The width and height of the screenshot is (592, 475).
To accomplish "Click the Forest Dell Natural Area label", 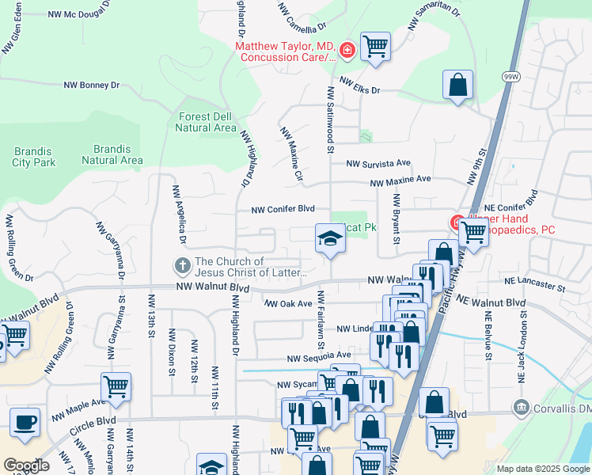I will (x=205, y=122).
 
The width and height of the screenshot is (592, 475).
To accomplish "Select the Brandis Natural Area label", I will (x=112, y=154).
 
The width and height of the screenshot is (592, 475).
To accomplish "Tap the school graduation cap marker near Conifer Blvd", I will (x=330, y=237).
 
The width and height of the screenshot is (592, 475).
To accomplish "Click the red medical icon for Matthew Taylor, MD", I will (x=346, y=51).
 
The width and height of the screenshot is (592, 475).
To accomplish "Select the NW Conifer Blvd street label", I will (x=283, y=210).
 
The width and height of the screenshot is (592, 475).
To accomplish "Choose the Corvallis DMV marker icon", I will (x=522, y=408).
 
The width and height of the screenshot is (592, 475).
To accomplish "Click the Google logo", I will (x=26, y=465).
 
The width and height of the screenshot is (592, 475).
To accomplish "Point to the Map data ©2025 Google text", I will (x=542, y=469).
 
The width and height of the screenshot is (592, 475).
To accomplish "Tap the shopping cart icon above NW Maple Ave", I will (x=116, y=386).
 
